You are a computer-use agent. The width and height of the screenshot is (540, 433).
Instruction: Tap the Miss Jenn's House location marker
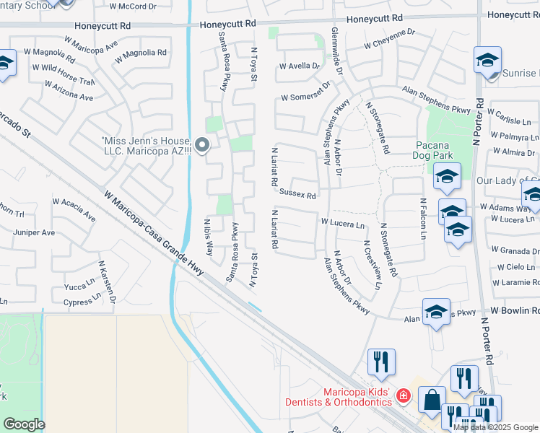[x=203, y=146]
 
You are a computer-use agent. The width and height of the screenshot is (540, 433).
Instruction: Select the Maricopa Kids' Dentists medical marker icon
[x=403, y=395]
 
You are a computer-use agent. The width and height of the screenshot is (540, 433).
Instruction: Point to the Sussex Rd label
[x=298, y=195]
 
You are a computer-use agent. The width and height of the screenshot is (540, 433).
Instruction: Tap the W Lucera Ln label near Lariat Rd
[x=343, y=224]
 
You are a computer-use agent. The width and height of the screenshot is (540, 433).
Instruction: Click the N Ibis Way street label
[x=209, y=238]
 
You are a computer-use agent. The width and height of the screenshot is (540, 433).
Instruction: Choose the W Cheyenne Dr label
[x=390, y=44]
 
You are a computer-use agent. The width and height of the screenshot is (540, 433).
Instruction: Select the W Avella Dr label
[x=300, y=66]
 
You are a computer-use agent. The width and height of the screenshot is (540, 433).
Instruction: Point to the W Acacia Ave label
[x=74, y=211]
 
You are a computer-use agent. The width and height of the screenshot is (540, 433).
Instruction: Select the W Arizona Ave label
[x=69, y=92]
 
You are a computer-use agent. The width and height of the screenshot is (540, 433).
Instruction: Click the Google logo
[x=24, y=424]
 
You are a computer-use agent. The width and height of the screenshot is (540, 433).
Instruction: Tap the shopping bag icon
[x=432, y=402]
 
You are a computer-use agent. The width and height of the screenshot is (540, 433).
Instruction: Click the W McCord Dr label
[x=133, y=6]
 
